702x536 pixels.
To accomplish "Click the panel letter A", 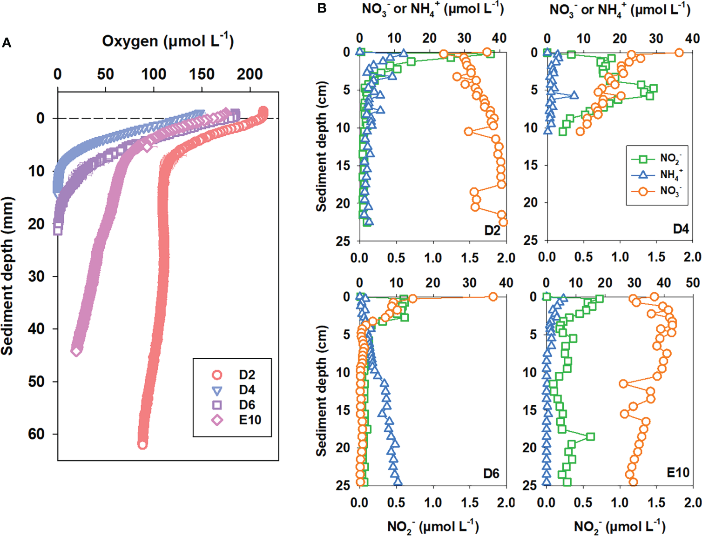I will (7, 43).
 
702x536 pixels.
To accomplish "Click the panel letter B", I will (322, 8).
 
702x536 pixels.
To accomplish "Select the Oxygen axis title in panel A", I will (168, 42).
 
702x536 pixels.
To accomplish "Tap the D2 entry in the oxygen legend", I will (247, 375).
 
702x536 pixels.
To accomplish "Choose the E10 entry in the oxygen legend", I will (250, 420).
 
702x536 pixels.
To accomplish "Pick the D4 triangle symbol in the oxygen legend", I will (217, 390).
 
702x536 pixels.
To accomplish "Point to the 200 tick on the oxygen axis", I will (250, 74).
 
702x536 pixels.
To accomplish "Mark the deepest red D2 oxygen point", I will (142, 444).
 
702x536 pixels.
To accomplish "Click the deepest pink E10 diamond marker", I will (76, 351).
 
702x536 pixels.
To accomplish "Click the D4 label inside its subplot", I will (681, 229).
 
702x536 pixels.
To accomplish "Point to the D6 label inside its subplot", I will (491, 474).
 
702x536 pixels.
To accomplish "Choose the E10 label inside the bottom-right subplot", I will (678, 473).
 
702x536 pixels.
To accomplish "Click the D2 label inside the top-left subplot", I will (492, 230).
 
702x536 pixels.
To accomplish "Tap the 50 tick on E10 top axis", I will (693, 283).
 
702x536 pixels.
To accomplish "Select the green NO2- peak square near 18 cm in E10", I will (590, 436).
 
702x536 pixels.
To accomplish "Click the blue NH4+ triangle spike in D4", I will (574, 95).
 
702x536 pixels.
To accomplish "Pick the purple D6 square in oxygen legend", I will (217, 405).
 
